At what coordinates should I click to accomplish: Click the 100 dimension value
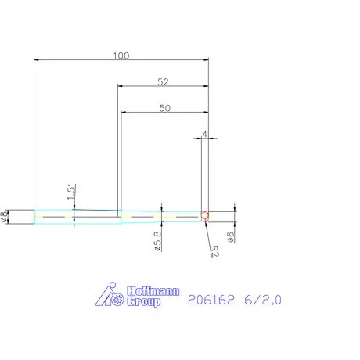click(121, 56)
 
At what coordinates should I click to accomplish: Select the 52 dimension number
click(163, 81)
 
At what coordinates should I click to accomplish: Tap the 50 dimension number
click(164, 109)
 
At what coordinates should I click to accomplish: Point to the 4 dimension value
click(204, 135)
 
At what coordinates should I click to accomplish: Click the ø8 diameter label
click(5, 217)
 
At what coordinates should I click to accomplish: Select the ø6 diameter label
click(232, 237)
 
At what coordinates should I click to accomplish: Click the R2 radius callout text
click(216, 250)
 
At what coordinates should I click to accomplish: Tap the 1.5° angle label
click(70, 192)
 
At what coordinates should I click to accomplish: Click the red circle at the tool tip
click(205, 216)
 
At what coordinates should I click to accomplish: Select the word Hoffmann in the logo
click(153, 291)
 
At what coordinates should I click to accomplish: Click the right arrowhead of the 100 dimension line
click(204, 60)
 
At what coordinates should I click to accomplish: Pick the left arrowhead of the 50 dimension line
click(124, 113)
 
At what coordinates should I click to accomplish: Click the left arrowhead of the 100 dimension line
click(38, 60)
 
